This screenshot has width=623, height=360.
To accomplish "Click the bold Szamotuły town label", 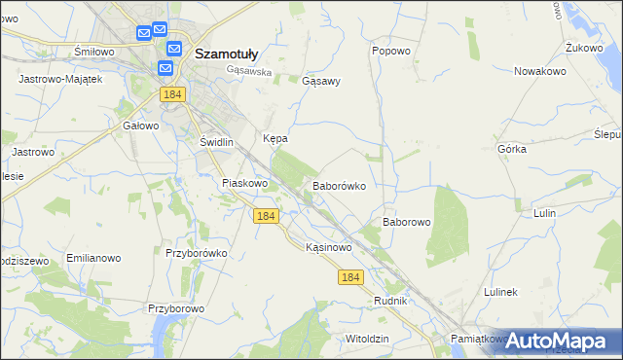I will [x=227, y=54].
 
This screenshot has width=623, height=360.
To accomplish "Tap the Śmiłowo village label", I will [x=95, y=51].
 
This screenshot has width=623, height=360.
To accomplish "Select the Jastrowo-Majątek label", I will [x=60, y=78].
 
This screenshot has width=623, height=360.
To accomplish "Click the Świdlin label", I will [x=217, y=142].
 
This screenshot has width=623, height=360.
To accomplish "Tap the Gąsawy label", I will [x=321, y=82].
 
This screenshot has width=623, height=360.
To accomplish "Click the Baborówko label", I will [x=339, y=185].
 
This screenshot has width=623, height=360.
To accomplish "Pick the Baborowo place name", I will [x=406, y=222].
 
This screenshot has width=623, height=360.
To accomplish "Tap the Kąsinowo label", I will [x=328, y=247].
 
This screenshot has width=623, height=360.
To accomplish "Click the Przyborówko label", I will [x=196, y=253].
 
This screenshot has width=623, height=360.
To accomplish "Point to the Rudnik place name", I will [x=390, y=301].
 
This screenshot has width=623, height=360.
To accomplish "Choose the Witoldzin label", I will [x=367, y=338].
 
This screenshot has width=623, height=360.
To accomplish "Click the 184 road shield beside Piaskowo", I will [x=266, y=216].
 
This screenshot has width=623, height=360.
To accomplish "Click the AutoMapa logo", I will [x=564, y=341].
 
